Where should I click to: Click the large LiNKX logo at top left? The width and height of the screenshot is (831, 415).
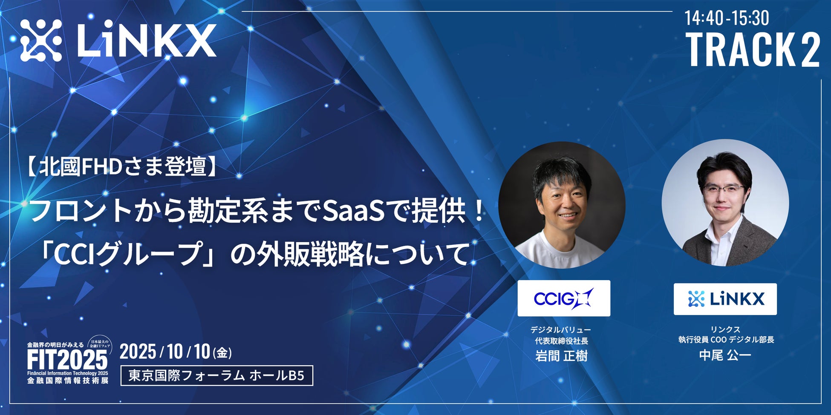(118, 40)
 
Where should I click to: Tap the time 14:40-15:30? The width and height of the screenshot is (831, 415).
(727, 18)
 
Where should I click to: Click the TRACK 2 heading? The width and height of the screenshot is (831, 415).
(753, 50)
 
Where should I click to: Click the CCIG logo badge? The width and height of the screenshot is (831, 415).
(564, 298)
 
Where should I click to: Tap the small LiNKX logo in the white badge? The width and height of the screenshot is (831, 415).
(725, 299)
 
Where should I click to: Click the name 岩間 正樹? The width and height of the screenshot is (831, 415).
(561, 355)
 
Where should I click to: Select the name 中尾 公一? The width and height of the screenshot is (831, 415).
(725, 355)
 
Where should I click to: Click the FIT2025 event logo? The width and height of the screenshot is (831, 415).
(68, 361)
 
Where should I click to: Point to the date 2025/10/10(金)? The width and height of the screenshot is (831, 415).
(176, 352)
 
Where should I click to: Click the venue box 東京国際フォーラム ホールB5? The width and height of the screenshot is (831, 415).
(217, 375)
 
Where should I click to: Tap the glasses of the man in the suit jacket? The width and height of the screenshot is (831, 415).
(723, 189)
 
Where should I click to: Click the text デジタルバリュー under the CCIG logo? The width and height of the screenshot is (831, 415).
(560, 330)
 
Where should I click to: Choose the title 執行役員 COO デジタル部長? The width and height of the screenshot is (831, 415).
(726, 340)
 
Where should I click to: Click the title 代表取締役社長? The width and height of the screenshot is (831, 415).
(561, 341)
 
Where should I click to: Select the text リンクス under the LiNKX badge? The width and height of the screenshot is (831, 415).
(725, 329)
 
